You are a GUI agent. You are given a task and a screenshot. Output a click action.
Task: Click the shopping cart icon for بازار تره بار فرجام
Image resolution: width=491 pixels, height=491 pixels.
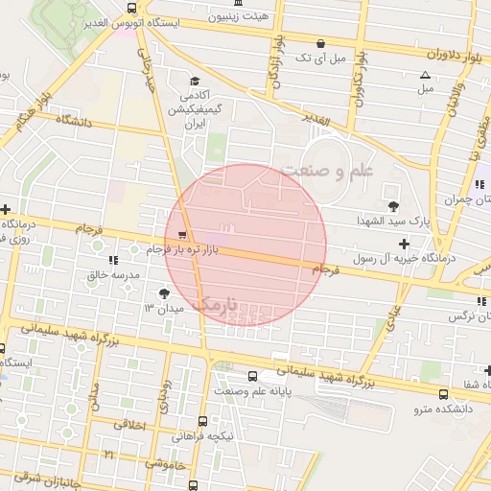tap(182, 234)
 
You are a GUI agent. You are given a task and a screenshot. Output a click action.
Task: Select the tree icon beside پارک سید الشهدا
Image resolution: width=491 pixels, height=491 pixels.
tap(393, 205)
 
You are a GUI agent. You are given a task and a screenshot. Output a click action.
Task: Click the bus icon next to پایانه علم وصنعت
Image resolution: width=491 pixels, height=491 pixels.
tap(252, 376)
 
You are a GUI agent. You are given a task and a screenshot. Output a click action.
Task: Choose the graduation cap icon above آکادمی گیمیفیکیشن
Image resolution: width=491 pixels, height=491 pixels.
tap(195, 82)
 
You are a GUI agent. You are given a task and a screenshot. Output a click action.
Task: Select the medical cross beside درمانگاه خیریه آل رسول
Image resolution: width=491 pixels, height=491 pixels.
tap(404, 244)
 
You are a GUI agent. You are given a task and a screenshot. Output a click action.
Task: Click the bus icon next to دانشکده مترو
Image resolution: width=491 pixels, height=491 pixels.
tap(442, 394)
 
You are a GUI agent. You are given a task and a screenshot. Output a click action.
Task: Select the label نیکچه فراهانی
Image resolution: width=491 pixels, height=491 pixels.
tap(202, 433)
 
